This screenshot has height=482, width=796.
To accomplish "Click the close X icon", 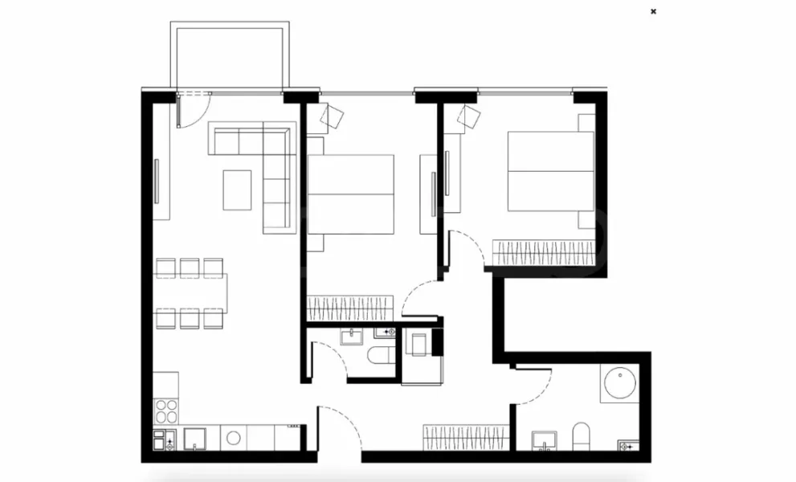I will [653, 11].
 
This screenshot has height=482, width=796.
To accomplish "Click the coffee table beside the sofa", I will [236, 190].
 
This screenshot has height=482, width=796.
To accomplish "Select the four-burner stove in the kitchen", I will [166, 411].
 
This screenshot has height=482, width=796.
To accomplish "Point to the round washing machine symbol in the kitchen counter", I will [234, 439].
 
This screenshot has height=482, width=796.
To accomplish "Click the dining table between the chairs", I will [191, 293].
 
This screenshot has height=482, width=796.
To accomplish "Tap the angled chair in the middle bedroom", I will [332, 118].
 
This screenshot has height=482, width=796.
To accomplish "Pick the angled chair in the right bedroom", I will [469, 119].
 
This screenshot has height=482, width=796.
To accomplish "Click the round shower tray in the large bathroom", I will [619, 384].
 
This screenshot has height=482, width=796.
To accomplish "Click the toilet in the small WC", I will [378, 357].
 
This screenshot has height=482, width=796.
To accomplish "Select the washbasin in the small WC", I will [353, 336].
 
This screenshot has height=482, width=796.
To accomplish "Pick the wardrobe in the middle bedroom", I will [349, 306].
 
